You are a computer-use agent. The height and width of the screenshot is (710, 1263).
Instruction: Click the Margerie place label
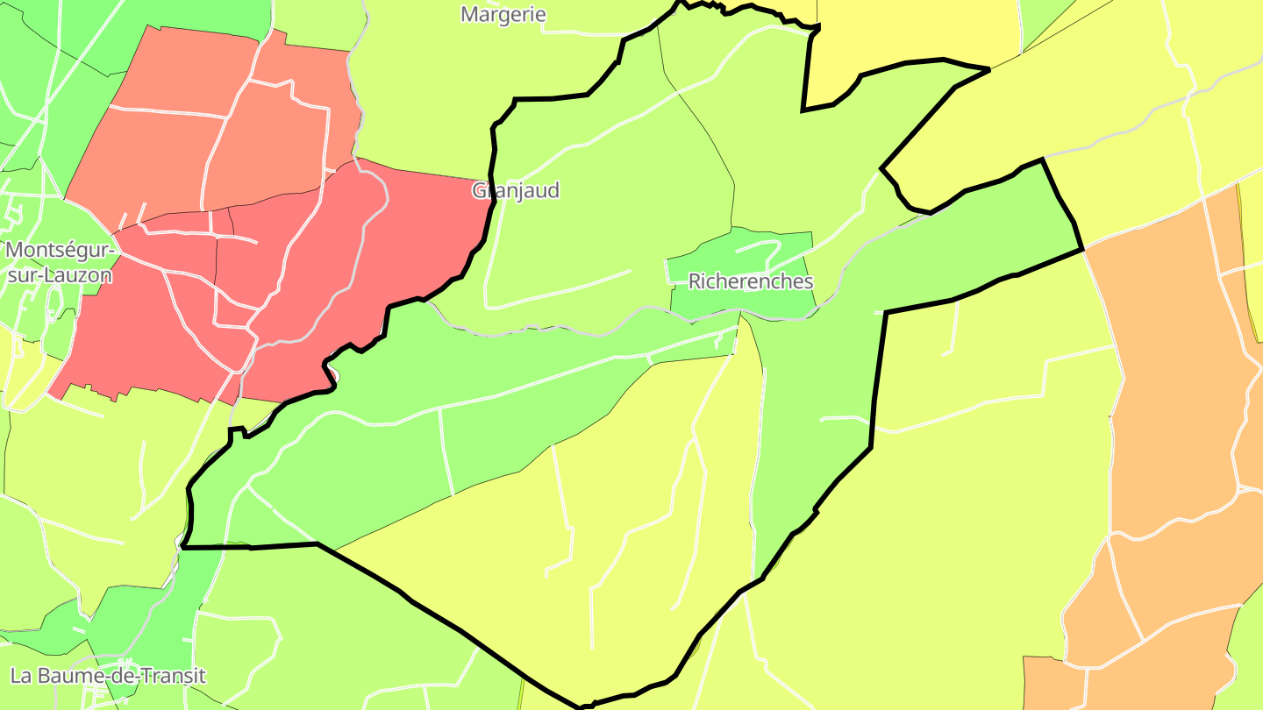tap(503, 14)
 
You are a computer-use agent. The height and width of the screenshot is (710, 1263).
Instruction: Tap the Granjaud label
tap(516, 191)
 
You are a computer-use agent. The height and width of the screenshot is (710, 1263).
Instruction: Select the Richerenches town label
tap(751, 281)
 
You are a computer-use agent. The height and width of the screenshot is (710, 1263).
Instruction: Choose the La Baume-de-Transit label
tap(108, 676)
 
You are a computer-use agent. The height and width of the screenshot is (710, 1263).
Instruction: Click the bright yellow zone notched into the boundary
tap(912, 35)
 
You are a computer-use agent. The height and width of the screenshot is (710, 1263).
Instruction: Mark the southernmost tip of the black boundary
tap(582, 706)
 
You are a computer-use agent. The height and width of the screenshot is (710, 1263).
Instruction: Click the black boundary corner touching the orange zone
tap(1083, 250)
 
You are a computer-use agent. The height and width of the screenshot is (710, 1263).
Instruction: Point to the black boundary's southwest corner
tap(182, 547)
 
